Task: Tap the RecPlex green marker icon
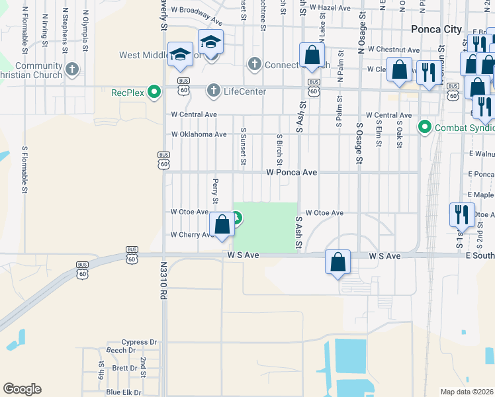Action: coord(155,91)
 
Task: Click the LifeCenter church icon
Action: coord(213,89)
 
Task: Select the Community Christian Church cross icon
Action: coord(72,68)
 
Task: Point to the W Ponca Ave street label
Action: coord(292,172)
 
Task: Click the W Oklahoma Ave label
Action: coord(199,134)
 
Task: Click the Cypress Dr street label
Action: coord(138,343)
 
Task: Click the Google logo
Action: coord(22,389)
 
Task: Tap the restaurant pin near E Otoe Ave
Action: coord(461,214)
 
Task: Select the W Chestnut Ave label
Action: coord(394,50)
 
